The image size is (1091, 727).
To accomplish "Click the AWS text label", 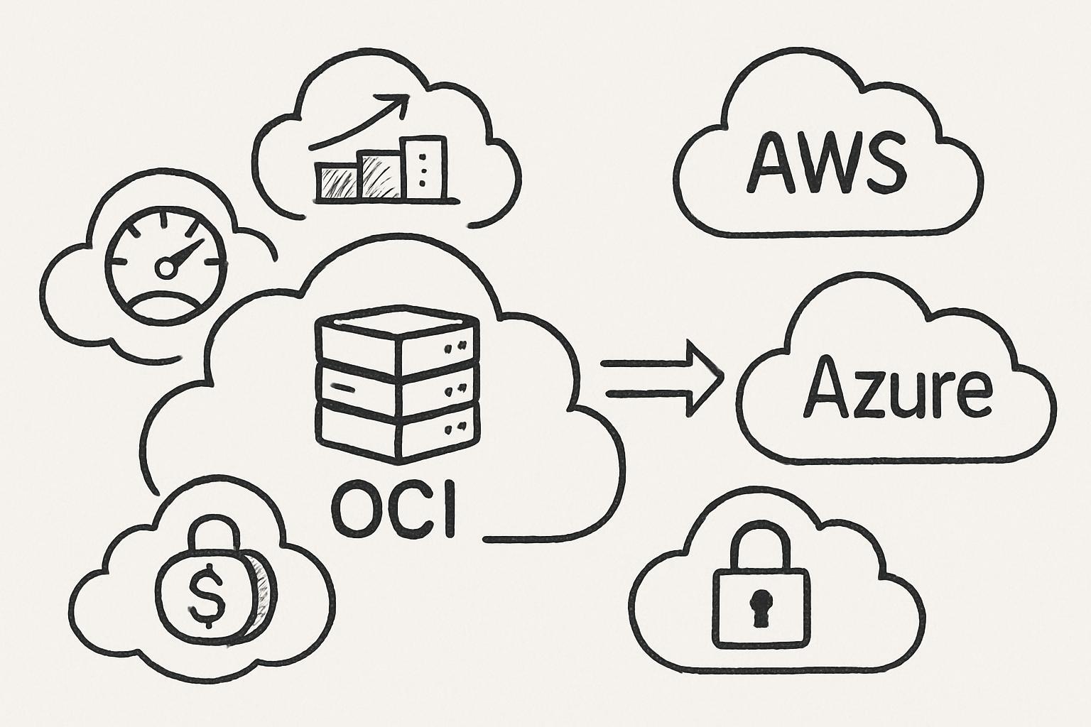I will click(827, 163).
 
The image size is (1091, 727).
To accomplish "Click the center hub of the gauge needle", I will click(165, 268).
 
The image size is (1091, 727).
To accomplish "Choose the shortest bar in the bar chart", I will click(337, 180).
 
